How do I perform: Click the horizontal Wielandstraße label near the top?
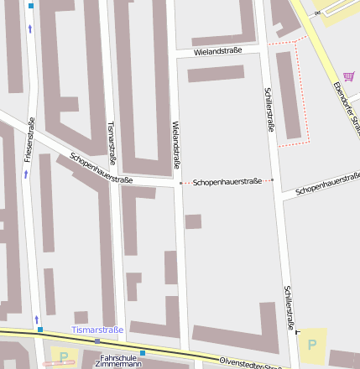pos(217,50)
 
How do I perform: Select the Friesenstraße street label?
pos(29,140)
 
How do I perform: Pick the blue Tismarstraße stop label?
pos(97,330)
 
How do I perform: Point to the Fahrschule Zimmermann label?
pos(117,361)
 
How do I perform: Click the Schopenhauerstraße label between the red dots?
pos(227,181)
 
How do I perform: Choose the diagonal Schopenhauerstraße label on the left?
pos(102,168)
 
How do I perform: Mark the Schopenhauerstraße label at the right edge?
pos(327,184)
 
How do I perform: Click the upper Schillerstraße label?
pos(269,110)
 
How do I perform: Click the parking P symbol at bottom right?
pos(312,344)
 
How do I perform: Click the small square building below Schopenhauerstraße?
pos(193,221)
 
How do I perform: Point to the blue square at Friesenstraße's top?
pos(31,6)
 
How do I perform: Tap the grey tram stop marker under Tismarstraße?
pos(98,341)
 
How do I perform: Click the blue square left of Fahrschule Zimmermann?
pos(143,353)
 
